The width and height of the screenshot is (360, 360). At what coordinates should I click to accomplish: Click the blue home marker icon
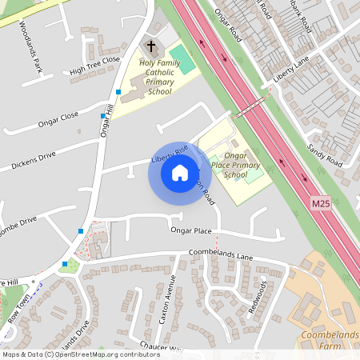(180, 172)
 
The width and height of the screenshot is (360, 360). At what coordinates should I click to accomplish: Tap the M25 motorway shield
(321, 205)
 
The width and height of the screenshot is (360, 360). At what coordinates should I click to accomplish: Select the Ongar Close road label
(58, 120)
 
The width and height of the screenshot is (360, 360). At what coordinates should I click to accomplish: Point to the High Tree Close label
(94, 65)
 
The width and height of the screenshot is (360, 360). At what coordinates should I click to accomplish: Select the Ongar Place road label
(191, 230)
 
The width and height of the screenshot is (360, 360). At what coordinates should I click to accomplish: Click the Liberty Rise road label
(169, 154)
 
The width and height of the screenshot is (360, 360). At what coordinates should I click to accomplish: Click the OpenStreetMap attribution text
(80, 354)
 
